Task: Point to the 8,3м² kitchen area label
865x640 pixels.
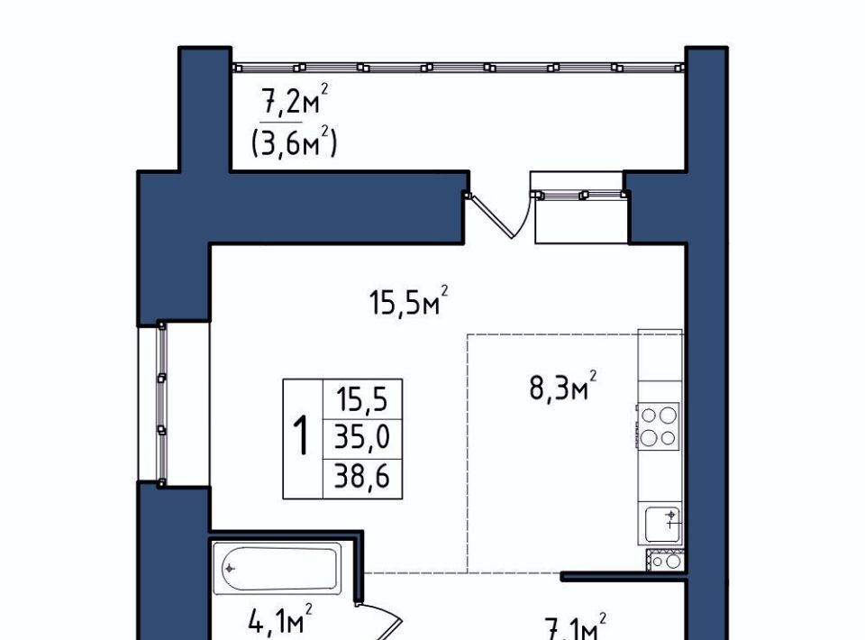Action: [x=562, y=385]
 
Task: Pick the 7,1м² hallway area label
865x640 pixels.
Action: [x=575, y=626]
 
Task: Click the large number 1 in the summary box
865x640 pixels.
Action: [x=301, y=436]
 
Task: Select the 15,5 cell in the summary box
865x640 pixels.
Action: [x=363, y=399]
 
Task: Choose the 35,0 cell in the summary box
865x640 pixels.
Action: [x=362, y=437]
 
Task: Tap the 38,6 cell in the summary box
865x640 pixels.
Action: [x=362, y=476]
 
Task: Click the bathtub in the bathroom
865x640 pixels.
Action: [x=278, y=569]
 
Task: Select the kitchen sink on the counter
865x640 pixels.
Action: [x=663, y=524]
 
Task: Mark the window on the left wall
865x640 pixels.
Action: [x=161, y=403]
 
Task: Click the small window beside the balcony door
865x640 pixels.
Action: [x=578, y=194]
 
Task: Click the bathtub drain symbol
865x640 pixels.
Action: [x=230, y=568]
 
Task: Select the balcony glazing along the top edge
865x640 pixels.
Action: [x=458, y=68]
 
